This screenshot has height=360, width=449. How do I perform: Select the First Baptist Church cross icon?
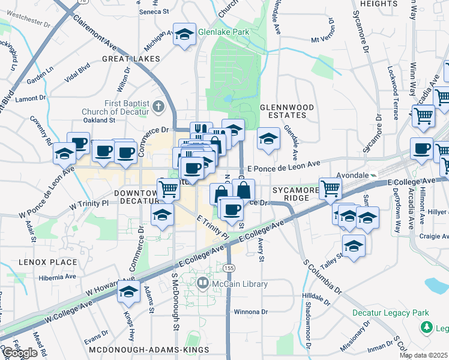tap(158, 107)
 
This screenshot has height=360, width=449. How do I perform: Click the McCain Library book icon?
tap(203, 283)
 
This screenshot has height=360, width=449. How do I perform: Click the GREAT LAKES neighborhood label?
tap(131, 59)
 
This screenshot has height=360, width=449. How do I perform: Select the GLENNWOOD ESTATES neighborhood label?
tap(287, 111)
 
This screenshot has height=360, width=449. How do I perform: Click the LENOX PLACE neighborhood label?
tap(47, 262)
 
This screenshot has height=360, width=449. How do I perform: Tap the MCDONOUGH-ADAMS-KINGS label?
tap(148, 349)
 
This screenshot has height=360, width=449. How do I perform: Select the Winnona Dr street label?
tap(250, 312)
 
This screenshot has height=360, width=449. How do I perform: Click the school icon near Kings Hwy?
tap(129, 292)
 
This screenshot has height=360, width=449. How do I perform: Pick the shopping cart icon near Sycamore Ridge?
tap(330, 188)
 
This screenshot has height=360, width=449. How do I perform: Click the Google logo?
tap(19, 353)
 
